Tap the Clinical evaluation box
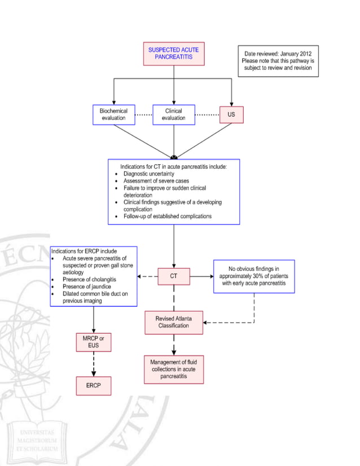click(x=173, y=115)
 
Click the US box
click(x=231, y=115)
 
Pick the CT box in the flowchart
click(x=174, y=276)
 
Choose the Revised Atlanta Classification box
click(x=174, y=323)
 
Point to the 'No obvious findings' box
click(x=254, y=276)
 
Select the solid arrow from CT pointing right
click(x=201, y=276)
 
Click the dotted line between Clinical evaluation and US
click(x=207, y=115)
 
